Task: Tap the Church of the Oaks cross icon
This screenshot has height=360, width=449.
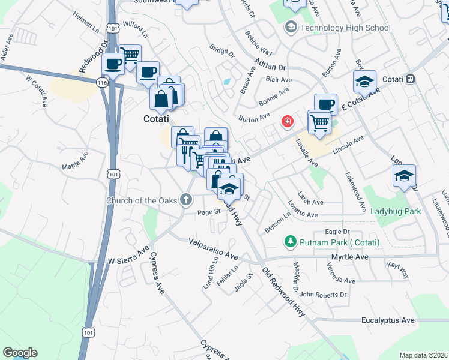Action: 187,199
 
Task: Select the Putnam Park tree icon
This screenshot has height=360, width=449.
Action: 290,241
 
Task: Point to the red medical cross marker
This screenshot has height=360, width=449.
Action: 288,122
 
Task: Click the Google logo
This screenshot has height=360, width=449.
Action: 20,353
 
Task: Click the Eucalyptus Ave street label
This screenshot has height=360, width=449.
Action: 388,320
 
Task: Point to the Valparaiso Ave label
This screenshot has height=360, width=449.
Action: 213,248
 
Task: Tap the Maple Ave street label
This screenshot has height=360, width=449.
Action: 75,163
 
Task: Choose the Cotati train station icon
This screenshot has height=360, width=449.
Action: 411,79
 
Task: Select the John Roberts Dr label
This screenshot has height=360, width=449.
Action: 324,295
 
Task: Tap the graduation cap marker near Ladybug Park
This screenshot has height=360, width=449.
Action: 404,176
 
